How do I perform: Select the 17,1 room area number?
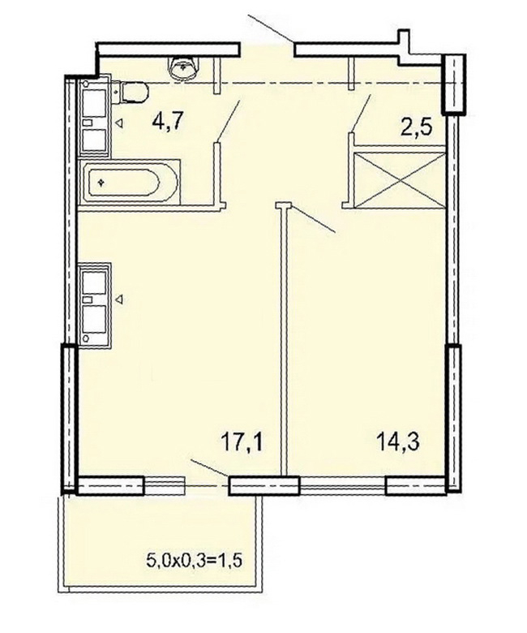[x=242, y=441]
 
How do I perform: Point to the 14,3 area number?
[x=398, y=441]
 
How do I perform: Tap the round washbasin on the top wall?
[x=185, y=67]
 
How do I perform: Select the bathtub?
[x=129, y=182]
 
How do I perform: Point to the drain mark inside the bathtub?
[x=100, y=183]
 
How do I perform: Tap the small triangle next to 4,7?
[x=119, y=123]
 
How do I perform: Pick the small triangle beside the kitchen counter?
[x=119, y=299]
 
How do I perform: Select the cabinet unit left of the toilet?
[x=95, y=116]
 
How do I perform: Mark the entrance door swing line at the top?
[x=271, y=29]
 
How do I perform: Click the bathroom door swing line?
[x=229, y=120]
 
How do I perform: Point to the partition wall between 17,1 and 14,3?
[x=284, y=338]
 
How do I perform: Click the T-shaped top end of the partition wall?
[x=284, y=205]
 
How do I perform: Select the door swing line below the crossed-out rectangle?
[x=312, y=219]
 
